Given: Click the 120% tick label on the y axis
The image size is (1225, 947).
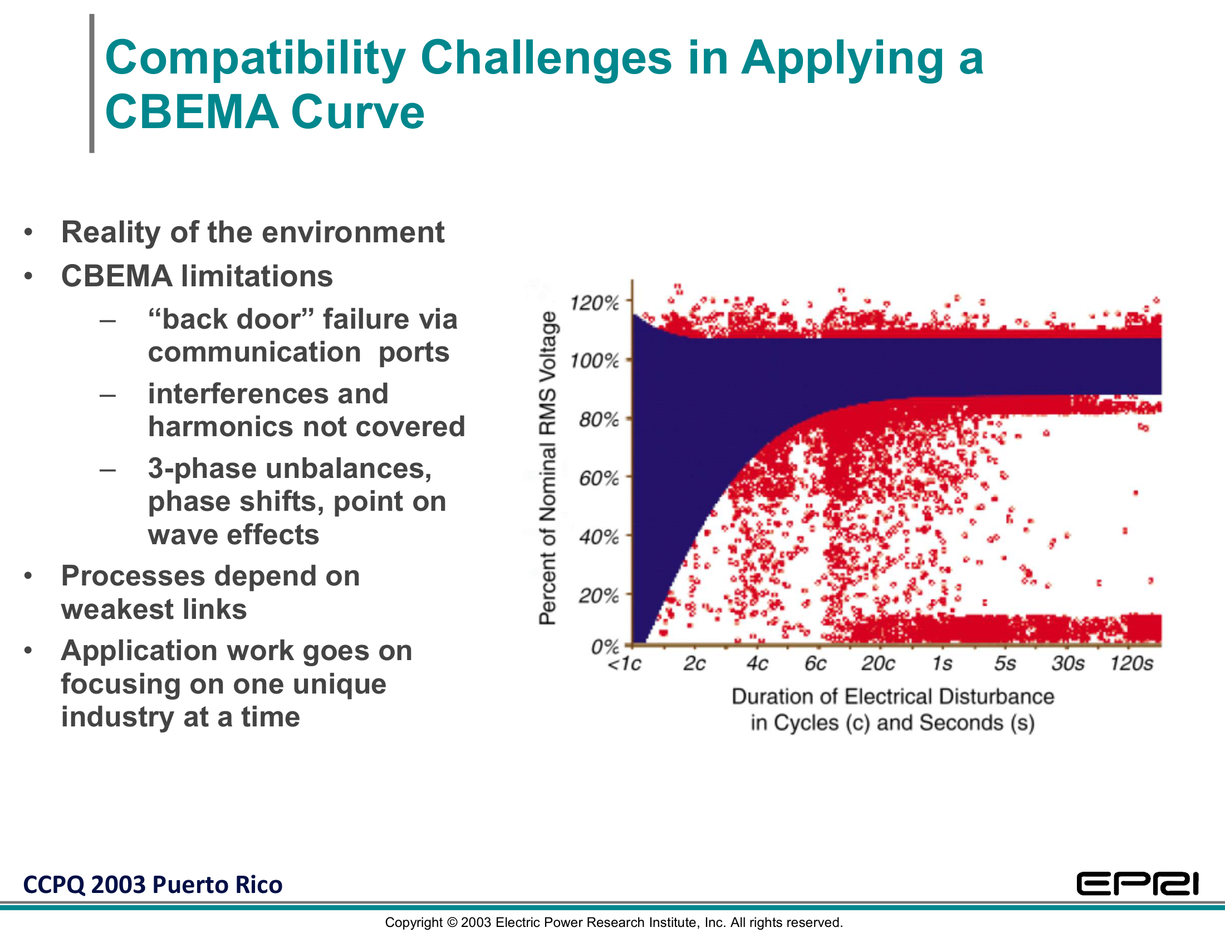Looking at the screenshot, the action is click(x=594, y=304).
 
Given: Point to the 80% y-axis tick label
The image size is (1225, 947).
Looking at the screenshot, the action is click(x=599, y=419).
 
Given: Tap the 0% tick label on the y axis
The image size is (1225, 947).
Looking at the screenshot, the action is click(x=605, y=647).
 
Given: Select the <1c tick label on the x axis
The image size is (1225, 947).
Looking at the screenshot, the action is click(x=624, y=664).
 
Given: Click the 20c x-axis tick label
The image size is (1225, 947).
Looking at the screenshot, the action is click(x=878, y=663).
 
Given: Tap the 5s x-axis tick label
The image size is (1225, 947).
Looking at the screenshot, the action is click(x=1005, y=663).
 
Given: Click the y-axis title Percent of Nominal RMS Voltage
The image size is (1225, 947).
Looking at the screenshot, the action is click(x=547, y=468).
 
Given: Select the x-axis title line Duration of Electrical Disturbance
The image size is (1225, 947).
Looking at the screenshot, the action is click(x=893, y=697).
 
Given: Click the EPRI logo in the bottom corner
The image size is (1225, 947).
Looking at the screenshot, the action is click(x=1138, y=884).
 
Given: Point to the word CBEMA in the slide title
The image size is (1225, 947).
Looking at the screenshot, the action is click(x=192, y=112).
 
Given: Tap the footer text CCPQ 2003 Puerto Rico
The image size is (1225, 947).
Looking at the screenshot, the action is click(x=153, y=885).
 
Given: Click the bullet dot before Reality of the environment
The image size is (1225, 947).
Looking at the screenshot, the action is click(x=28, y=232).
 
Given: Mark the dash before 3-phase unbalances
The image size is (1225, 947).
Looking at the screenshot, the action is click(x=107, y=469).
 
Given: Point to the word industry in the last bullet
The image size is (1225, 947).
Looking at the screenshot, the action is click(x=118, y=717).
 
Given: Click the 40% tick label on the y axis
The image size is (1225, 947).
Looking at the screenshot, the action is click(x=599, y=538).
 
